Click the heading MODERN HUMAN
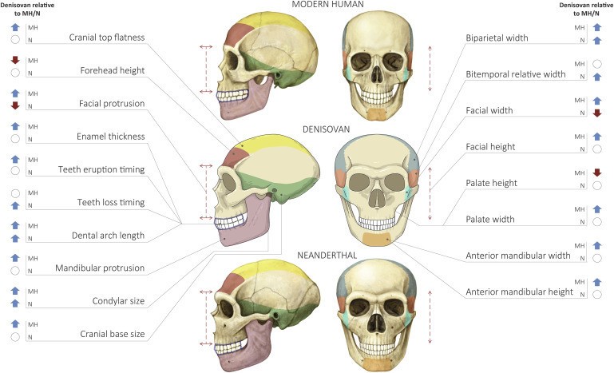tap(327, 5)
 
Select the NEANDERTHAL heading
tap(328, 255)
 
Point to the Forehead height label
tap(113, 70)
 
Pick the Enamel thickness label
tap(112, 137)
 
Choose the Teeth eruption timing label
tap(101, 169)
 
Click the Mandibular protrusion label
tap(100, 268)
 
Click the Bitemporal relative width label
tap(514, 74)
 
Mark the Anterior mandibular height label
tap(519, 292)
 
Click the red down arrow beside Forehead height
tap(14, 60)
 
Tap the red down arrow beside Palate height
tap(597, 173)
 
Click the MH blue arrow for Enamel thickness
tap(14, 126)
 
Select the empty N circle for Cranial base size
tap(14, 337)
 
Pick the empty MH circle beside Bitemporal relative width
tap(597, 64)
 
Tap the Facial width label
tap(489, 110)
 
